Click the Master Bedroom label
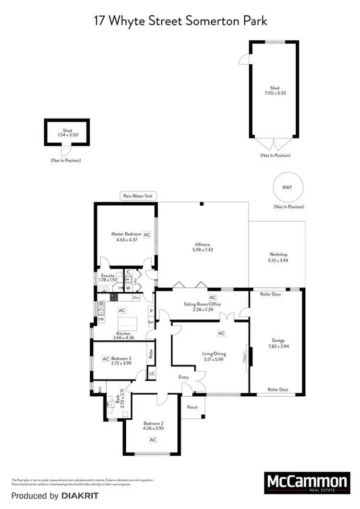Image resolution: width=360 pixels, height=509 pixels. pyautogui.click(x=126, y=234)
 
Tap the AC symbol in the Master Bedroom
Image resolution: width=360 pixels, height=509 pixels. pyautogui.click(x=147, y=235)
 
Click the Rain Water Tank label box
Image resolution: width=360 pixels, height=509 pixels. pyautogui.click(x=138, y=196)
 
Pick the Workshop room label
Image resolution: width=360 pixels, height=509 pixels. pyautogui.click(x=278, y=254)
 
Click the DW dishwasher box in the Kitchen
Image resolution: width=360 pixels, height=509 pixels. pyautogui.click(x=101, y=319)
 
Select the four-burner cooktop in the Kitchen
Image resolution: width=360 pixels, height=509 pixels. pyautogui.click(x=115, y=297)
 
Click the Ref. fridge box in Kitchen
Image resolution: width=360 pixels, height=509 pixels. pyautogui.click(x=151, y=322)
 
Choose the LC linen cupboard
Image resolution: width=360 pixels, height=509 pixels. pyautogui.click(x=152, y=373)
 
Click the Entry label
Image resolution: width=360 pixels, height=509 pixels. pyautogui.click(x=184, y=378)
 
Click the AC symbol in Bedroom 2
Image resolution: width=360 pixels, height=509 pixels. pyautogui.click(x=153, y=439)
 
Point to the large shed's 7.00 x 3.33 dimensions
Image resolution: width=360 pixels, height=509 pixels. pyautogui.click(x=274, y=94)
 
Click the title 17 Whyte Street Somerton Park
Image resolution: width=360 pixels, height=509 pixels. pyautogui.click(x=180, y=22)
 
